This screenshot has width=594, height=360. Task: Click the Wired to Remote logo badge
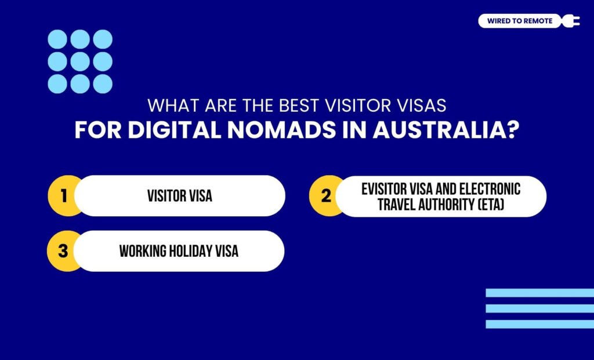coord(520,21)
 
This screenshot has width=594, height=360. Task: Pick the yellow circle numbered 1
coord(64,196)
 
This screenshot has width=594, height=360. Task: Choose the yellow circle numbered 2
coord(326,196)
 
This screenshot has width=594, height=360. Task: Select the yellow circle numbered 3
coord(64,251)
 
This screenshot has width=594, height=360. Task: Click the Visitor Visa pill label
coord(180,196)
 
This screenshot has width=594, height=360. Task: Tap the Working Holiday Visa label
coord(179,251)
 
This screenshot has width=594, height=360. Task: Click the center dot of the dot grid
coord(79,61)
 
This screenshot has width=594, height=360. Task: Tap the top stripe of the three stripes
coord(539,293)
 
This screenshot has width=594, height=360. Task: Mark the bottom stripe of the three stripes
coord(539,324)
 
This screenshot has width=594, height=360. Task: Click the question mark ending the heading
coord(510,130)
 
